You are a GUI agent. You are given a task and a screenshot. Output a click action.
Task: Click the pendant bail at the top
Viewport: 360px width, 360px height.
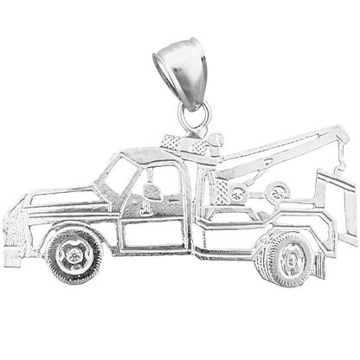(180, 62)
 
